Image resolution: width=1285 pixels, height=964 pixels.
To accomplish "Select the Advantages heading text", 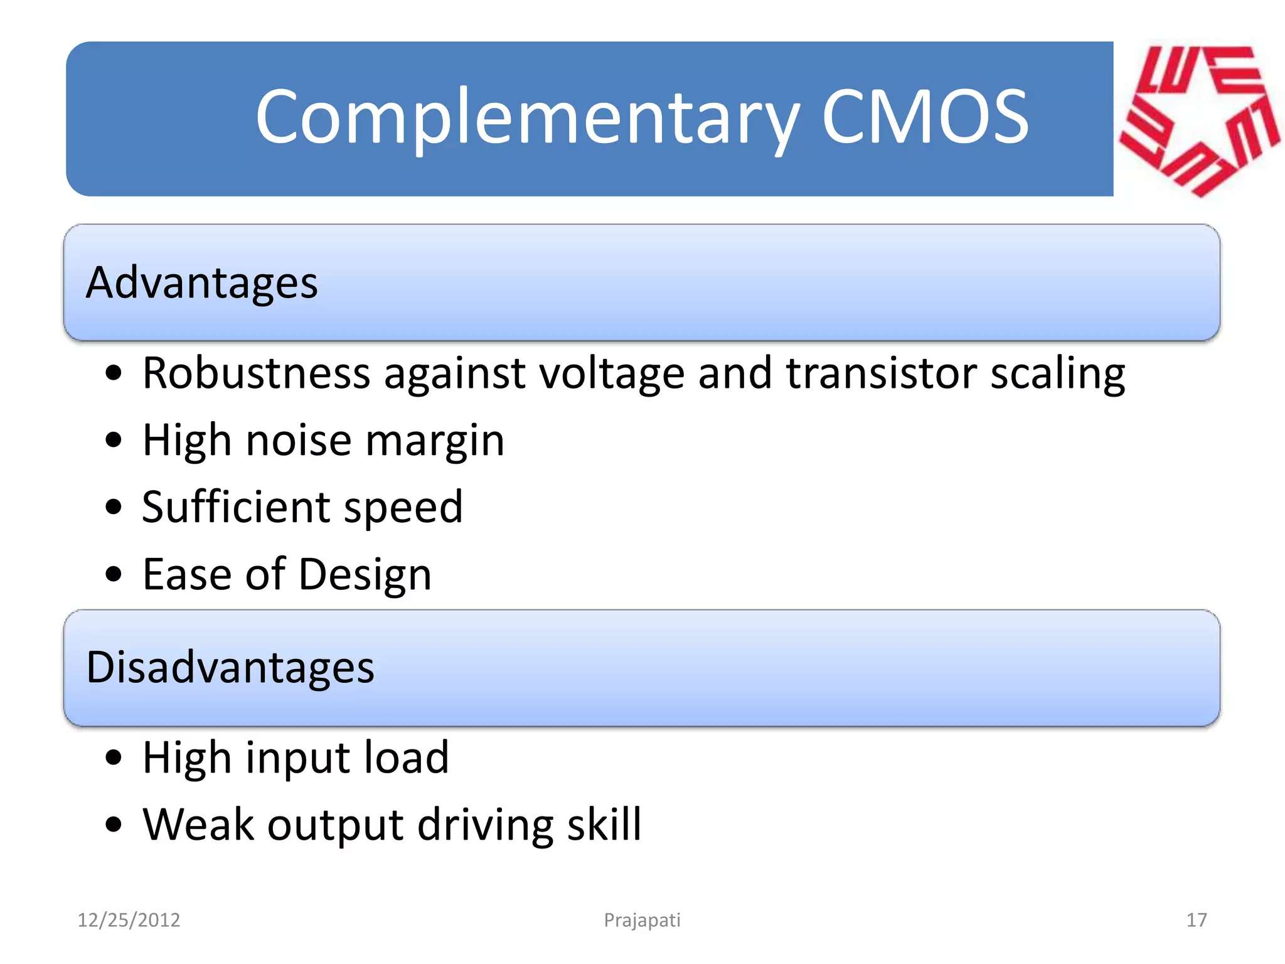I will (201, 283).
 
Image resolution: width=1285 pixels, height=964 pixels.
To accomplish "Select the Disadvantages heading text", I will (230, 667).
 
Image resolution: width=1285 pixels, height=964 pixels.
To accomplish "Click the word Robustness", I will (256, 373).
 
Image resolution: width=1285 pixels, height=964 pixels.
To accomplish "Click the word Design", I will (365, 575).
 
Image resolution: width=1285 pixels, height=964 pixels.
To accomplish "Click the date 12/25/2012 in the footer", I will (129, 920).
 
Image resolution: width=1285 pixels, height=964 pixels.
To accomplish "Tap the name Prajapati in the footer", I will (642, 920).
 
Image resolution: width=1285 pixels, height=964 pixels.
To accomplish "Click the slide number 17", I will (1197, 920).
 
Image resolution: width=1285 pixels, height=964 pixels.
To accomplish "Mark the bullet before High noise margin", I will (114, 440).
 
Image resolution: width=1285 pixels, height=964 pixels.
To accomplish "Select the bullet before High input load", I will (114, 758).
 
